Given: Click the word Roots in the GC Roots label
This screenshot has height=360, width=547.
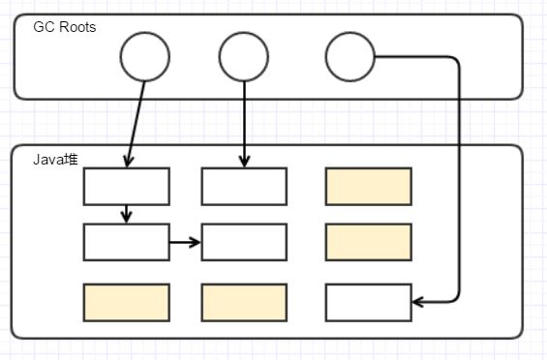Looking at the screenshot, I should tap(76, 26).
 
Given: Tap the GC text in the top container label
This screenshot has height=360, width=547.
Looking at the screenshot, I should tap(43, 26).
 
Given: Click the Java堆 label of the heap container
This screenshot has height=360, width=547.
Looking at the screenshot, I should tap(55, 159).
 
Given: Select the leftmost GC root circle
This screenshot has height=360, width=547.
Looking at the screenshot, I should tap(145, 57).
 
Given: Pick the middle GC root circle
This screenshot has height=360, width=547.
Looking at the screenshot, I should tap(244, 57).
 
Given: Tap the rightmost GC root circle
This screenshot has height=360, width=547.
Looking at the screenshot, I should tap(349, 57).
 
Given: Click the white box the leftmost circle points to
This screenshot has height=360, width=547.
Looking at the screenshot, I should tap(127, 187).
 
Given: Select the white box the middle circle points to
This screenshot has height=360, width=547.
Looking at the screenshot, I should tap(244, 187).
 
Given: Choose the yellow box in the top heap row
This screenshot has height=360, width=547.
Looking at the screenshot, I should tap(369, 187).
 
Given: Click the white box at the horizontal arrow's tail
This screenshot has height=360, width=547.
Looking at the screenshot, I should tap(127, 242).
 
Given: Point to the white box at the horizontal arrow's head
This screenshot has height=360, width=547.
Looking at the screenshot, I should tap(244, 242).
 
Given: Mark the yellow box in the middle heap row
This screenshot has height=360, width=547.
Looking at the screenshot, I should tap(369, 242).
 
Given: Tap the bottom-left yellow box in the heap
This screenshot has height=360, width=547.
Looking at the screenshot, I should tap(127, 302).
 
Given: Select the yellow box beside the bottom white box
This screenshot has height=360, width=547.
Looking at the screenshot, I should tap(244, 302).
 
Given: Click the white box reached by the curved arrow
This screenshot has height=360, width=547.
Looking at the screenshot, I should tap(369, 302).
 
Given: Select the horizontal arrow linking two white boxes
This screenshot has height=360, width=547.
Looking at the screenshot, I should tap(185, 242).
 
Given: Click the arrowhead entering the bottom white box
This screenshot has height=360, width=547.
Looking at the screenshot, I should tap(418, 303).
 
